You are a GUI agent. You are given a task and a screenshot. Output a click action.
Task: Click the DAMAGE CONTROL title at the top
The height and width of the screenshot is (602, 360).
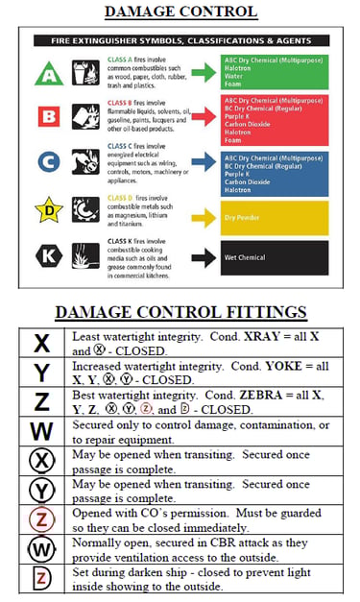pyautogui.click(x=180, y=12)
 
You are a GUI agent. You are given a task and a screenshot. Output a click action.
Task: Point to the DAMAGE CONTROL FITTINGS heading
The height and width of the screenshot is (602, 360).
pyautogui.click(x=180, y=312)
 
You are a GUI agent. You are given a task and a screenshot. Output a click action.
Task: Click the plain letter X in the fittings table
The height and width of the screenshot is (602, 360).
pyautogui.click(x=41, y=343)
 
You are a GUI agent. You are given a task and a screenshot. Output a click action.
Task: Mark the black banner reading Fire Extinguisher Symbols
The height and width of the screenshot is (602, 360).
pyautogui.click(x=187, y=41)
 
